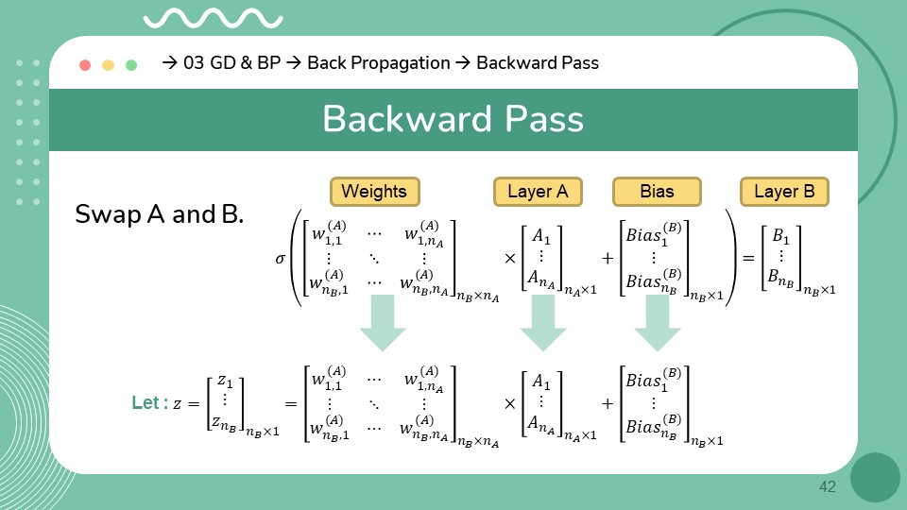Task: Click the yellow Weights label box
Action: [374, 192]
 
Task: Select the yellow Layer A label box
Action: [538, 192]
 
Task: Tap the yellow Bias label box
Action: [657, 192]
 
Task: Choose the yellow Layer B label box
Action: [784, 192]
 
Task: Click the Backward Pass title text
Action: [453, 120]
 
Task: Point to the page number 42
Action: [828, 487]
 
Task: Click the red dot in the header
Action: [85, 65]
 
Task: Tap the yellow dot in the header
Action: [108, 65]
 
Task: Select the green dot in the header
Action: [131, 65]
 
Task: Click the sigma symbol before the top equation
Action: [280, 256]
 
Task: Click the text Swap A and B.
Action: [160, 214]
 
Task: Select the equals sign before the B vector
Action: [746, 257]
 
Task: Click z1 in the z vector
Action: [224, 381]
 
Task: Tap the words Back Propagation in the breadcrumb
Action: [379, 63]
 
